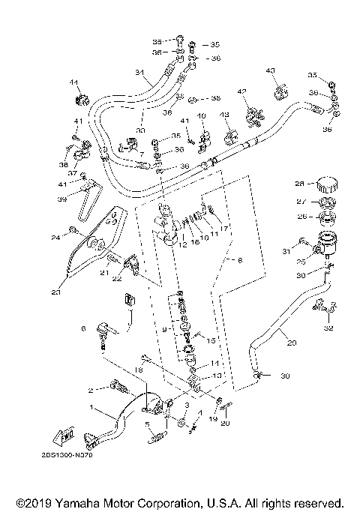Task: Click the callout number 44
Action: pos(74,82)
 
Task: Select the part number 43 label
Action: pos(271,70)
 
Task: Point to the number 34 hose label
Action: pos(139,73)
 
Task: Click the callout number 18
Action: pos(137,370)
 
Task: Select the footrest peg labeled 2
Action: pos(118,388)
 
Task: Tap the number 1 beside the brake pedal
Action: pos(92,408)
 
